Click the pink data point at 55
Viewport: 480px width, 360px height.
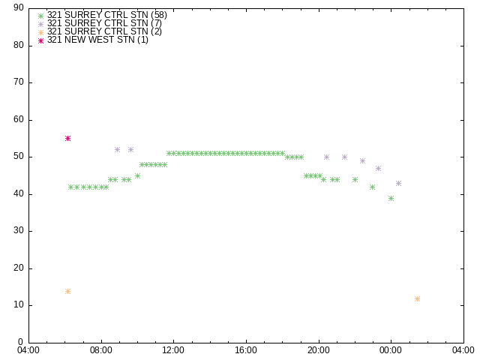click(x=68, y=138)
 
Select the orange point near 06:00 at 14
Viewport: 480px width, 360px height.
click(x=68, y=291)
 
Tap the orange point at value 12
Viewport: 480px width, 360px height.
click(x=417, y=298)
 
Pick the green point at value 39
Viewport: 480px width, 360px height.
click(x=391, y=198)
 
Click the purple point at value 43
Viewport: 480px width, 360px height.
click(x=398, y=183)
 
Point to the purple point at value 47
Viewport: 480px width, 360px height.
click(x=378, y=168)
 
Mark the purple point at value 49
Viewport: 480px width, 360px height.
click(x=362, y=160)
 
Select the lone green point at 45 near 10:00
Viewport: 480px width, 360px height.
click(x=137, y=175)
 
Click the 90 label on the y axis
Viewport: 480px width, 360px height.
click(x=19, y=7)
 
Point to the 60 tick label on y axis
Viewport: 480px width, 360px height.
click(x=19, y=119)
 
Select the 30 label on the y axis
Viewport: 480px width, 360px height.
click(x=19, y=230)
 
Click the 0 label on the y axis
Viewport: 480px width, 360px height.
click(x=21, y=342)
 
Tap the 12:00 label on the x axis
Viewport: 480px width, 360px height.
click(x=173, y=350)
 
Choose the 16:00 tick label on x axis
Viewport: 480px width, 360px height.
click(x=246, y=350)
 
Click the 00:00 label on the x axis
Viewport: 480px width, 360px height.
click(x=391, y=350)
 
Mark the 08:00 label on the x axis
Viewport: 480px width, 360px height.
click(x=101, y=350)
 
